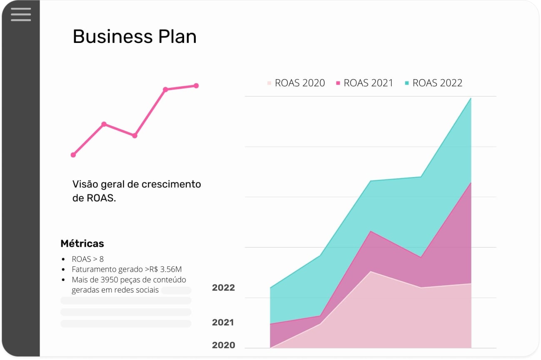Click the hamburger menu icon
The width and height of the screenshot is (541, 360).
[21, 14]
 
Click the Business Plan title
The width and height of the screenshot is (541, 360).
[135, 37]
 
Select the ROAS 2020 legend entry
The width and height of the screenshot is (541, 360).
[296, 83]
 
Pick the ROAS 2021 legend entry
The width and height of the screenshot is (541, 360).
[364, 83]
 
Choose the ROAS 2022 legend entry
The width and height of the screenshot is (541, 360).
[434, 83]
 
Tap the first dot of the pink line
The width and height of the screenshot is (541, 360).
[73, 155]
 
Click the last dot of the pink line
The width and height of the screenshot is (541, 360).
[196, 86]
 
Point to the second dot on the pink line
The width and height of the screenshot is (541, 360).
[104, 124]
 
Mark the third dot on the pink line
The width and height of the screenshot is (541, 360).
[135, 135]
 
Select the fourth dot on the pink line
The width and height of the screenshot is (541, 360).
[165, 90]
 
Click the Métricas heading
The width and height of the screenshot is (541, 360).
[82, 243]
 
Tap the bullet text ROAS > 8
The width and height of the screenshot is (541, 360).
[87, 259]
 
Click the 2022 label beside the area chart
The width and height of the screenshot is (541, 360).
[223, 288]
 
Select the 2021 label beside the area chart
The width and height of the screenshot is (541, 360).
[223, 322]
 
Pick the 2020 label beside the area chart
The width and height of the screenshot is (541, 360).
[223, 345]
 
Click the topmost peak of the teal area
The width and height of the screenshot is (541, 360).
[471, 99]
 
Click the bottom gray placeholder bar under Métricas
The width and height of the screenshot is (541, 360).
[126, 324]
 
